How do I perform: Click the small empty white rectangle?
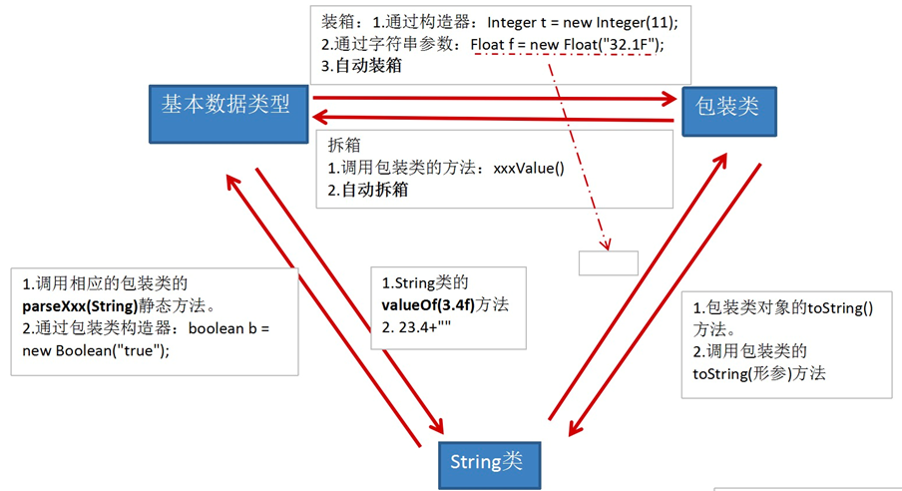click(x=608, y=263)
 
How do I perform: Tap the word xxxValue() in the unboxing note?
click(x=529, y=168)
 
